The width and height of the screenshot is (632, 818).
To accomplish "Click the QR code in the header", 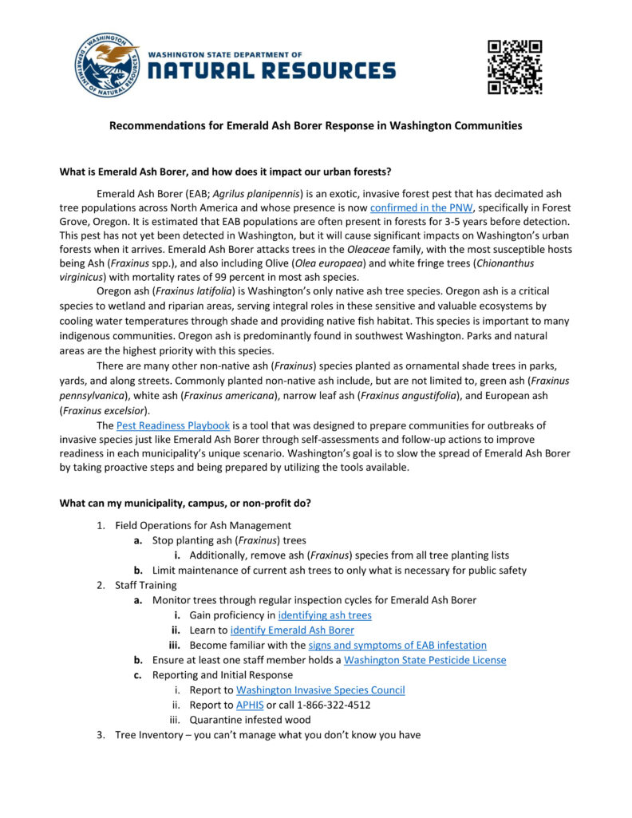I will point(515,67).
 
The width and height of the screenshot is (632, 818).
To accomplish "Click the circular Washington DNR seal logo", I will point(108,66).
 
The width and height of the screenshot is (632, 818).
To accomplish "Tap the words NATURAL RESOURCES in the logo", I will point(271,71).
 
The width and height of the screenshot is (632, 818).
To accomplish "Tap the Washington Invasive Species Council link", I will point(320,690).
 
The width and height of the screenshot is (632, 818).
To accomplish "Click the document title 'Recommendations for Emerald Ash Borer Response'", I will point(315,126).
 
